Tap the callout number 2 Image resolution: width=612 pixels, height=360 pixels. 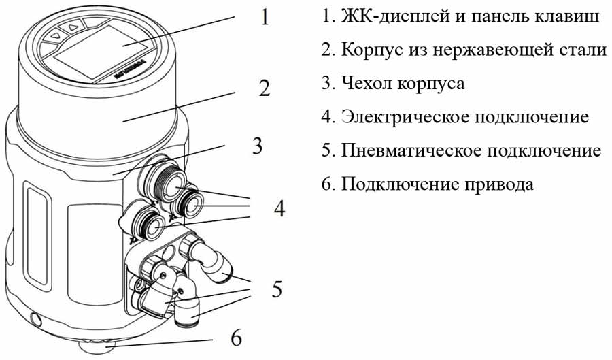click(264, 88)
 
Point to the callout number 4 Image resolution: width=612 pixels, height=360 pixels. click(279, 208)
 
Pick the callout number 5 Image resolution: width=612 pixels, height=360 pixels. click(276, 289)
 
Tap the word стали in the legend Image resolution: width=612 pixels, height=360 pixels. click(582, 50)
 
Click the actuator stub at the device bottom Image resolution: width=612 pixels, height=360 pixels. click(96, 347)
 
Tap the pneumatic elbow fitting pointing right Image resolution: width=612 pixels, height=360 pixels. click(216, 266)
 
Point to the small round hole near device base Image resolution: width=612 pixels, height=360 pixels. click(36, 318)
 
